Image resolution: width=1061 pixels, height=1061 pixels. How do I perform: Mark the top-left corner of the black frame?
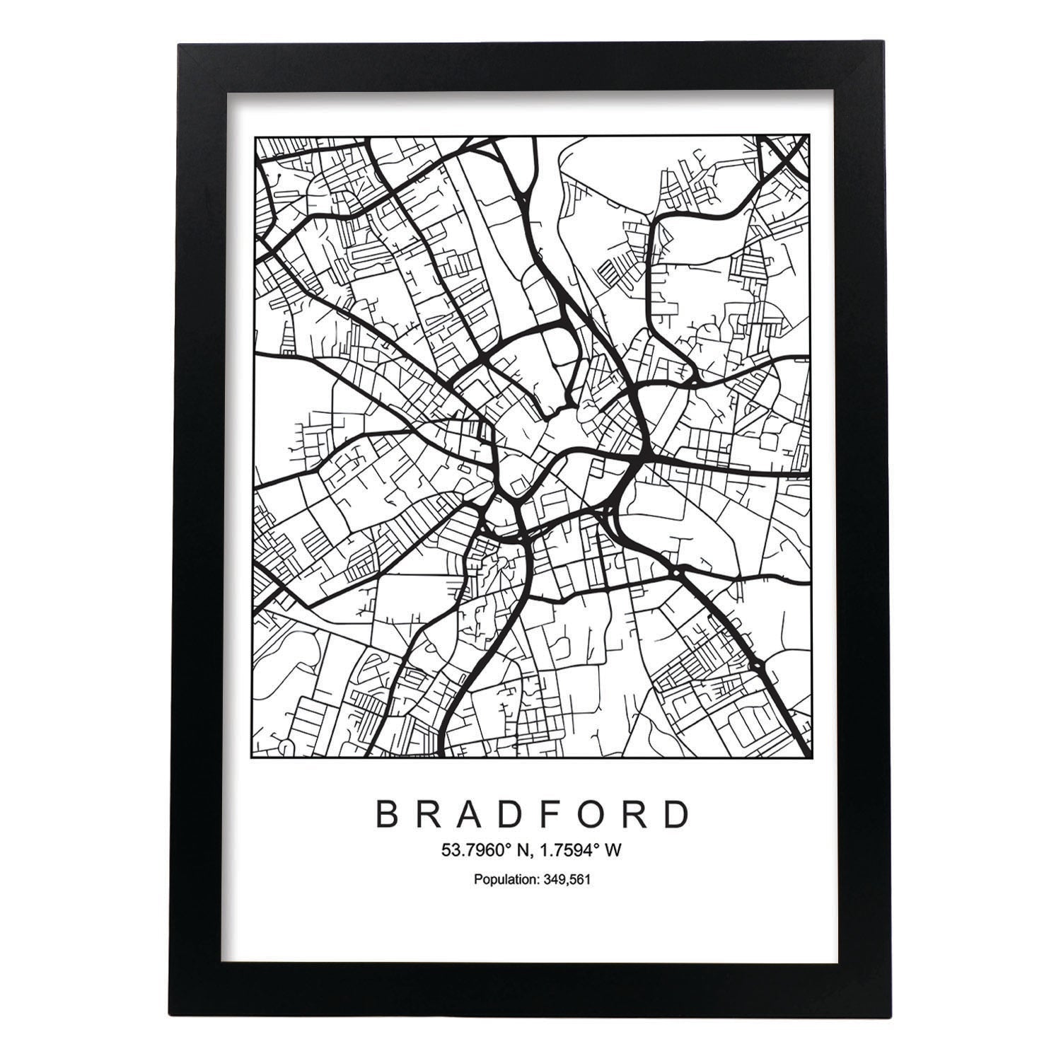click(x=180, y=45)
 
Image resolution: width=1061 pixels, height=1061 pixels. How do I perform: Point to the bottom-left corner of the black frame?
click(x=180, y=1016)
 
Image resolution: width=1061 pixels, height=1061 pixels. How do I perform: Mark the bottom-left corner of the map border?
click(x=254, y=758)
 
